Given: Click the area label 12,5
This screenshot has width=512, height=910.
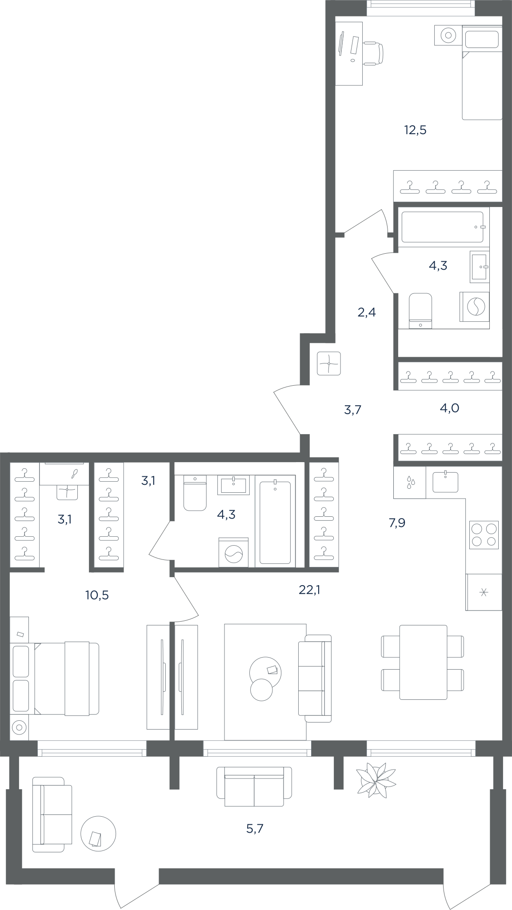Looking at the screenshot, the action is click(415, 130).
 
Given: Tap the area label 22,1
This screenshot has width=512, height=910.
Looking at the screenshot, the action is click(309, 590).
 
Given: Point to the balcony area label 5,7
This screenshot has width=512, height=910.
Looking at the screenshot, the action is click(255, 829).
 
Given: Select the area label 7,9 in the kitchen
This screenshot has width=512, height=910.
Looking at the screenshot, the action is click(397, 523).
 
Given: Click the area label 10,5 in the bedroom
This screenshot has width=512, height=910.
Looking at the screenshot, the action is click(97, 595).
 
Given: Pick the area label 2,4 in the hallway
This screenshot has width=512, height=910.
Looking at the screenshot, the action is click(367, 312).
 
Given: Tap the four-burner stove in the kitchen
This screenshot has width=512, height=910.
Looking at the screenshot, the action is click(484, 535).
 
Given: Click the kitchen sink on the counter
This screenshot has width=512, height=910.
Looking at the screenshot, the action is click(445, 482).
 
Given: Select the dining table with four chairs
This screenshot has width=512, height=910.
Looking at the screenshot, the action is click(423, 662).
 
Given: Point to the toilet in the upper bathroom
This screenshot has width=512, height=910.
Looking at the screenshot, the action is click(420, 311).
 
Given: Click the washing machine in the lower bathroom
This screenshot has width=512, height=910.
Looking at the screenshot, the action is click(234, 552).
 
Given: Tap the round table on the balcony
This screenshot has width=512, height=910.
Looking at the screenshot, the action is click(98, 834).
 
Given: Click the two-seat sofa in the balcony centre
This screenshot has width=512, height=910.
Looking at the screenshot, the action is click(254, 786).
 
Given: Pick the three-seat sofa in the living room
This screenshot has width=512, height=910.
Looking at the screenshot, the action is click(315, 678).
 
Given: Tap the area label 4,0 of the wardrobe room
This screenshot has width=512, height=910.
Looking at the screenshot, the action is click(449, 408).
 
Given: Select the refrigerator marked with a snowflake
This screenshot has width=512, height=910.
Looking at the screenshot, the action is click(484, 592).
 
